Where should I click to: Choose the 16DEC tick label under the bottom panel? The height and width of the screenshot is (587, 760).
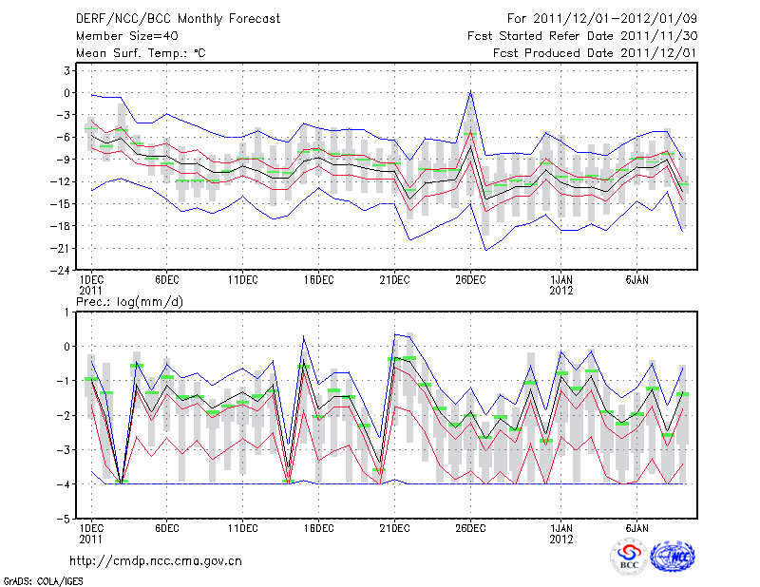point(318,528)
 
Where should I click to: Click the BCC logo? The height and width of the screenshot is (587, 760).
point(628,557)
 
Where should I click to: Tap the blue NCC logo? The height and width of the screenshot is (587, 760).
point(672,557)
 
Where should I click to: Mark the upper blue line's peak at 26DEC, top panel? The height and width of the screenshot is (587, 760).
point(470,92)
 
